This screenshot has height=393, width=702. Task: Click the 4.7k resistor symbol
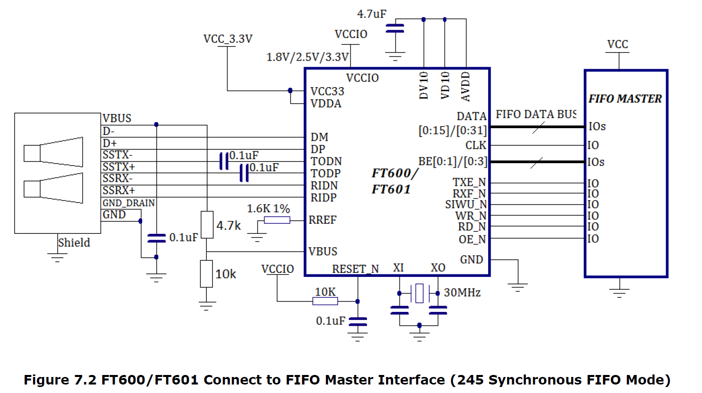point(207,225)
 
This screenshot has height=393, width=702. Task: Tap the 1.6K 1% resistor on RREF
point(277,220)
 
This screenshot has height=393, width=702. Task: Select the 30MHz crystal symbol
point(419,293)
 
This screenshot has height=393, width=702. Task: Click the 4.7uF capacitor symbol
point(395,29)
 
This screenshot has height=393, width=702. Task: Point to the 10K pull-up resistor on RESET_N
point(325,301)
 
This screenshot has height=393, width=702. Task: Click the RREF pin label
point(322,220)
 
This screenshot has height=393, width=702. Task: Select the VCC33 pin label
point(327,91)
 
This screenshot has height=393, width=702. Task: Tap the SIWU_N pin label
point(466,205)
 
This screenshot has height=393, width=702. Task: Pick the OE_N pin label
point(472,239)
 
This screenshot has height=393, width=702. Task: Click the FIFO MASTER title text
point(625,99)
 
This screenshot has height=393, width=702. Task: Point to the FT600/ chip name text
point(395,173)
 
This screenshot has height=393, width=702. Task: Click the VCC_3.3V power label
point(228,39)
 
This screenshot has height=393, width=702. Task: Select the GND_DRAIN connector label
point(129,203)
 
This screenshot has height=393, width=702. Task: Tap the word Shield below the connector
point(74,243)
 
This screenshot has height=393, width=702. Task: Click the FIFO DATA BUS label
point(536,114)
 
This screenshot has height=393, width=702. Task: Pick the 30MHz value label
point(462,292)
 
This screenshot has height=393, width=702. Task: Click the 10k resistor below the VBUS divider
point(206,273)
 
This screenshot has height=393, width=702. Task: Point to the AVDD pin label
point(466,87)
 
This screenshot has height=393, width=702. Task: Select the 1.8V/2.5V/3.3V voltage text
point(307,57)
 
